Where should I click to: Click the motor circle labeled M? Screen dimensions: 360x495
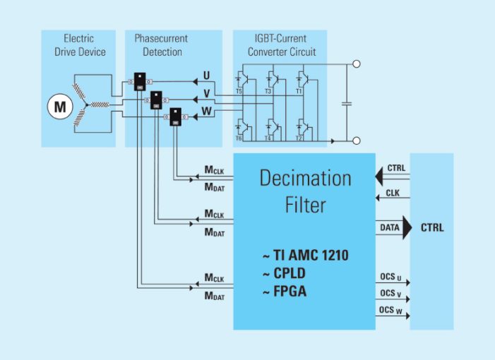pos(57,107)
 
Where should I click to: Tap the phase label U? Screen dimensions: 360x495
pos(206,75)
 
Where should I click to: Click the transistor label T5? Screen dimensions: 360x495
pos(239,92)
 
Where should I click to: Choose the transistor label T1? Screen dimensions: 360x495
pos(298,92)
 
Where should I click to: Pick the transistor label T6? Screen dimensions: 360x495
pos(239,138)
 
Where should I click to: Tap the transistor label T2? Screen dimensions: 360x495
pos(298,138)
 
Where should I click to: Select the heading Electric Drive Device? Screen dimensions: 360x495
pos(78,44)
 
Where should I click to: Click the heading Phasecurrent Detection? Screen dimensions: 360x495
pos(162,44)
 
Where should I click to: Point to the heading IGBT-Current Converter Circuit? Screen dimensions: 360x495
pos(280,44)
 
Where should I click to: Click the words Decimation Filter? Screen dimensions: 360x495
pos(305,191)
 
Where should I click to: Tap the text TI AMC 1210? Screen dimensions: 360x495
pos(305,256)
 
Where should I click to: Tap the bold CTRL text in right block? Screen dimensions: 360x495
pos(432,228)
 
